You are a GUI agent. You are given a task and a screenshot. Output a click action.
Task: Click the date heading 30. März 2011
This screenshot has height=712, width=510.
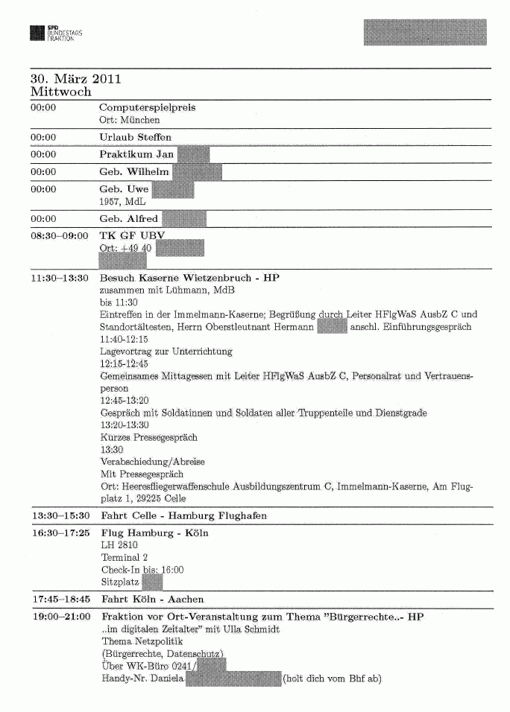coord(76,79)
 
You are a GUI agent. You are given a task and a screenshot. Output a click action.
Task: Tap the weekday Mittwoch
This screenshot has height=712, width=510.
coord(61,92)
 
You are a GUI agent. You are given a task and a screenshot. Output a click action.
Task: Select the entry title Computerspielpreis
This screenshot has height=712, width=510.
coord(148,107)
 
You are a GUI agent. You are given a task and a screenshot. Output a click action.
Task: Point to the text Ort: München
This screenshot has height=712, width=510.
coord(130,120)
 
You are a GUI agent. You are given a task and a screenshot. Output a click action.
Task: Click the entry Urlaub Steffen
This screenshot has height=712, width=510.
coord(135,137)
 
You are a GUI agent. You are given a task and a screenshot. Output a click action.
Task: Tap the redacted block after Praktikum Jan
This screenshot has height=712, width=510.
coord(192,154)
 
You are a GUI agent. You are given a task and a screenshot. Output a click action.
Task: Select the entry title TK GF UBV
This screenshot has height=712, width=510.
coord(131,236)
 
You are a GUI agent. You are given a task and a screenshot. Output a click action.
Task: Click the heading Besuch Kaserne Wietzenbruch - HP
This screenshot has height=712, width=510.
coord(189,279)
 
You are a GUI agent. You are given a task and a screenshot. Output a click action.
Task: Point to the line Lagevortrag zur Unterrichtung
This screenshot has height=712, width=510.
coord(166,351)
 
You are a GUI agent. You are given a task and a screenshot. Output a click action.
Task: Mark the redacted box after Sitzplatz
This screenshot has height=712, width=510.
coord(152,582)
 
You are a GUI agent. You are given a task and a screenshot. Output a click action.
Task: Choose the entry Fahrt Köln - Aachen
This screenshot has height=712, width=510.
coord(152,599)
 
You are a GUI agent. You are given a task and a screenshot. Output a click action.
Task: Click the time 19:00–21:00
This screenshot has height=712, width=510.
coord(60,617)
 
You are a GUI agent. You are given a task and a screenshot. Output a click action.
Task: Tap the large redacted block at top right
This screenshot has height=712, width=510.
coord(424,33)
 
